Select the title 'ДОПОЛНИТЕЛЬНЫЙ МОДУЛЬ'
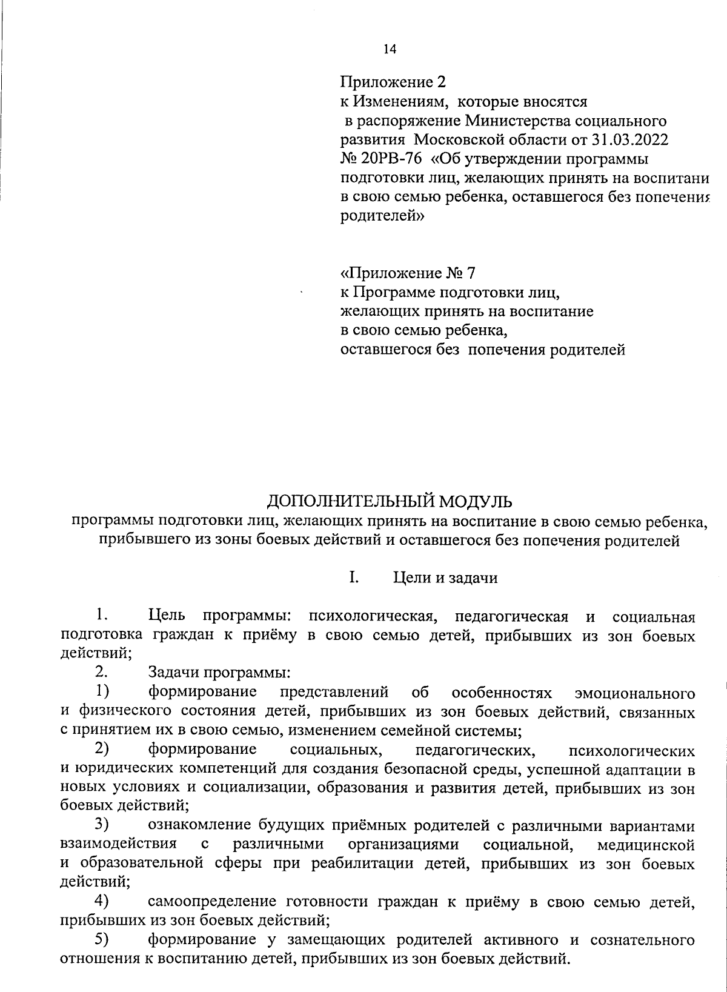coord(390,501)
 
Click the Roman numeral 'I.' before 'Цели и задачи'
coord(354,577)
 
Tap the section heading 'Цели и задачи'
coord(445,578)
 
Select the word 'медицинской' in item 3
coord(645,844)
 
